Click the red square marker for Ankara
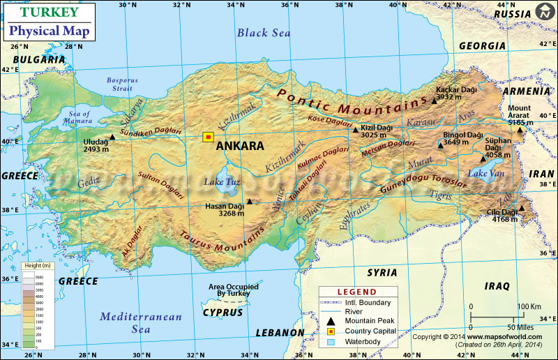tap(208, 137)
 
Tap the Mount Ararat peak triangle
tap(520, 130)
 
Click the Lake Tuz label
tap(222, 182)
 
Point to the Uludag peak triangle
tap(112, 137)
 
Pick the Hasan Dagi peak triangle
tap(249, 202)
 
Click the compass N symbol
tap(544, 13)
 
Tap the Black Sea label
tap(264, 32)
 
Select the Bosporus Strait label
tap(122, 84)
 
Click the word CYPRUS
tap(223, 313)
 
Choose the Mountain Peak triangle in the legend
tap(331, 320)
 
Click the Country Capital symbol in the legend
tap(331, 331)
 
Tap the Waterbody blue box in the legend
tap(331, 342)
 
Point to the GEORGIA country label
tap(482, 46)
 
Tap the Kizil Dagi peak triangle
tap(355, 130)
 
